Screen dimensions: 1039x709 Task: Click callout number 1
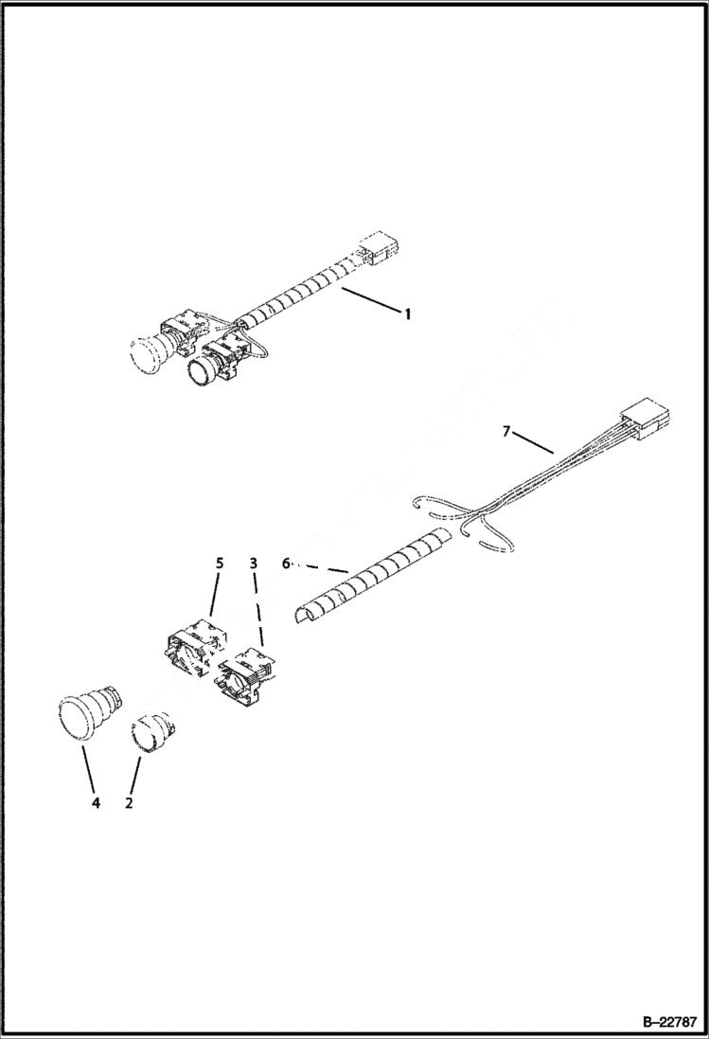[408, 313]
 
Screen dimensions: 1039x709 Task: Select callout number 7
[506, 432]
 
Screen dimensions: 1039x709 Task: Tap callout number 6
[286, 563]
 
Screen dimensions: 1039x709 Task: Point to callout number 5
[220, 563]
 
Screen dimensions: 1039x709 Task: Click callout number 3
[253, 563]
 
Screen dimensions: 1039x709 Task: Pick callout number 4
[95, 803]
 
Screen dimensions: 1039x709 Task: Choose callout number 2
[129, 803]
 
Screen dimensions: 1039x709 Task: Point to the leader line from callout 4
[88, 769]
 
